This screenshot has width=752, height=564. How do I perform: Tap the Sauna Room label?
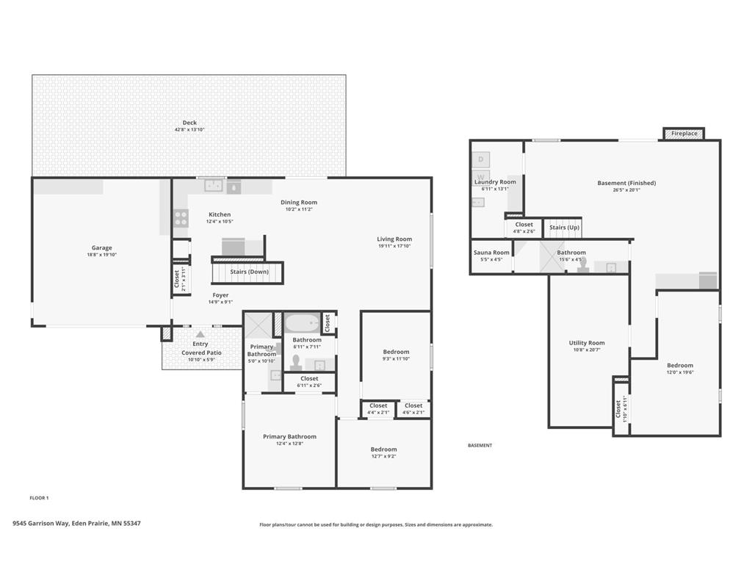coord(491,253)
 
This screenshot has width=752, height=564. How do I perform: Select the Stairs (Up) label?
coord(564,228)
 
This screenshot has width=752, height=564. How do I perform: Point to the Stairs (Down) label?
coord(249,272)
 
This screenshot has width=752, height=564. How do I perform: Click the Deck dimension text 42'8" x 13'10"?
coord(189,130)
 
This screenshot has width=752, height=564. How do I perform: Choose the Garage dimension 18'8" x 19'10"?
coord(101,255)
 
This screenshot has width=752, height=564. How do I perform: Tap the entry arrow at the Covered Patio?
coord(200,334)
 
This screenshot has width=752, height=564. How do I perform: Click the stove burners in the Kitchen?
coord(181,218)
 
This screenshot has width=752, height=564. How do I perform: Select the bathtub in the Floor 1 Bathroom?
coord(302,322)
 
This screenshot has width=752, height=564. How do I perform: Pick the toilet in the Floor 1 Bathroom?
coord(297,362)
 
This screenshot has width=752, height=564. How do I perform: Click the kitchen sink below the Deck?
coord(214,186)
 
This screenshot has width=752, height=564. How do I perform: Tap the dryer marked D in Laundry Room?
coord(481,159)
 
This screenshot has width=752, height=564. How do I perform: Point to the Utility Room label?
coord(587,343)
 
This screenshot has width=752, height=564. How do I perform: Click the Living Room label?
coord(394,239)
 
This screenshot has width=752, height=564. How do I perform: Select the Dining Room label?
coord(299,203)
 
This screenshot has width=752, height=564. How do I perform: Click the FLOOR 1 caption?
coord(39,498)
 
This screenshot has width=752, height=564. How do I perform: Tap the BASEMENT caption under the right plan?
coord(480,446)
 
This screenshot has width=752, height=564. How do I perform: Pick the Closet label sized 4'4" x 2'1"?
coord(378,405)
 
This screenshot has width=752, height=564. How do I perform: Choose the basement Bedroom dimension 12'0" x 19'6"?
coord(679,372)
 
